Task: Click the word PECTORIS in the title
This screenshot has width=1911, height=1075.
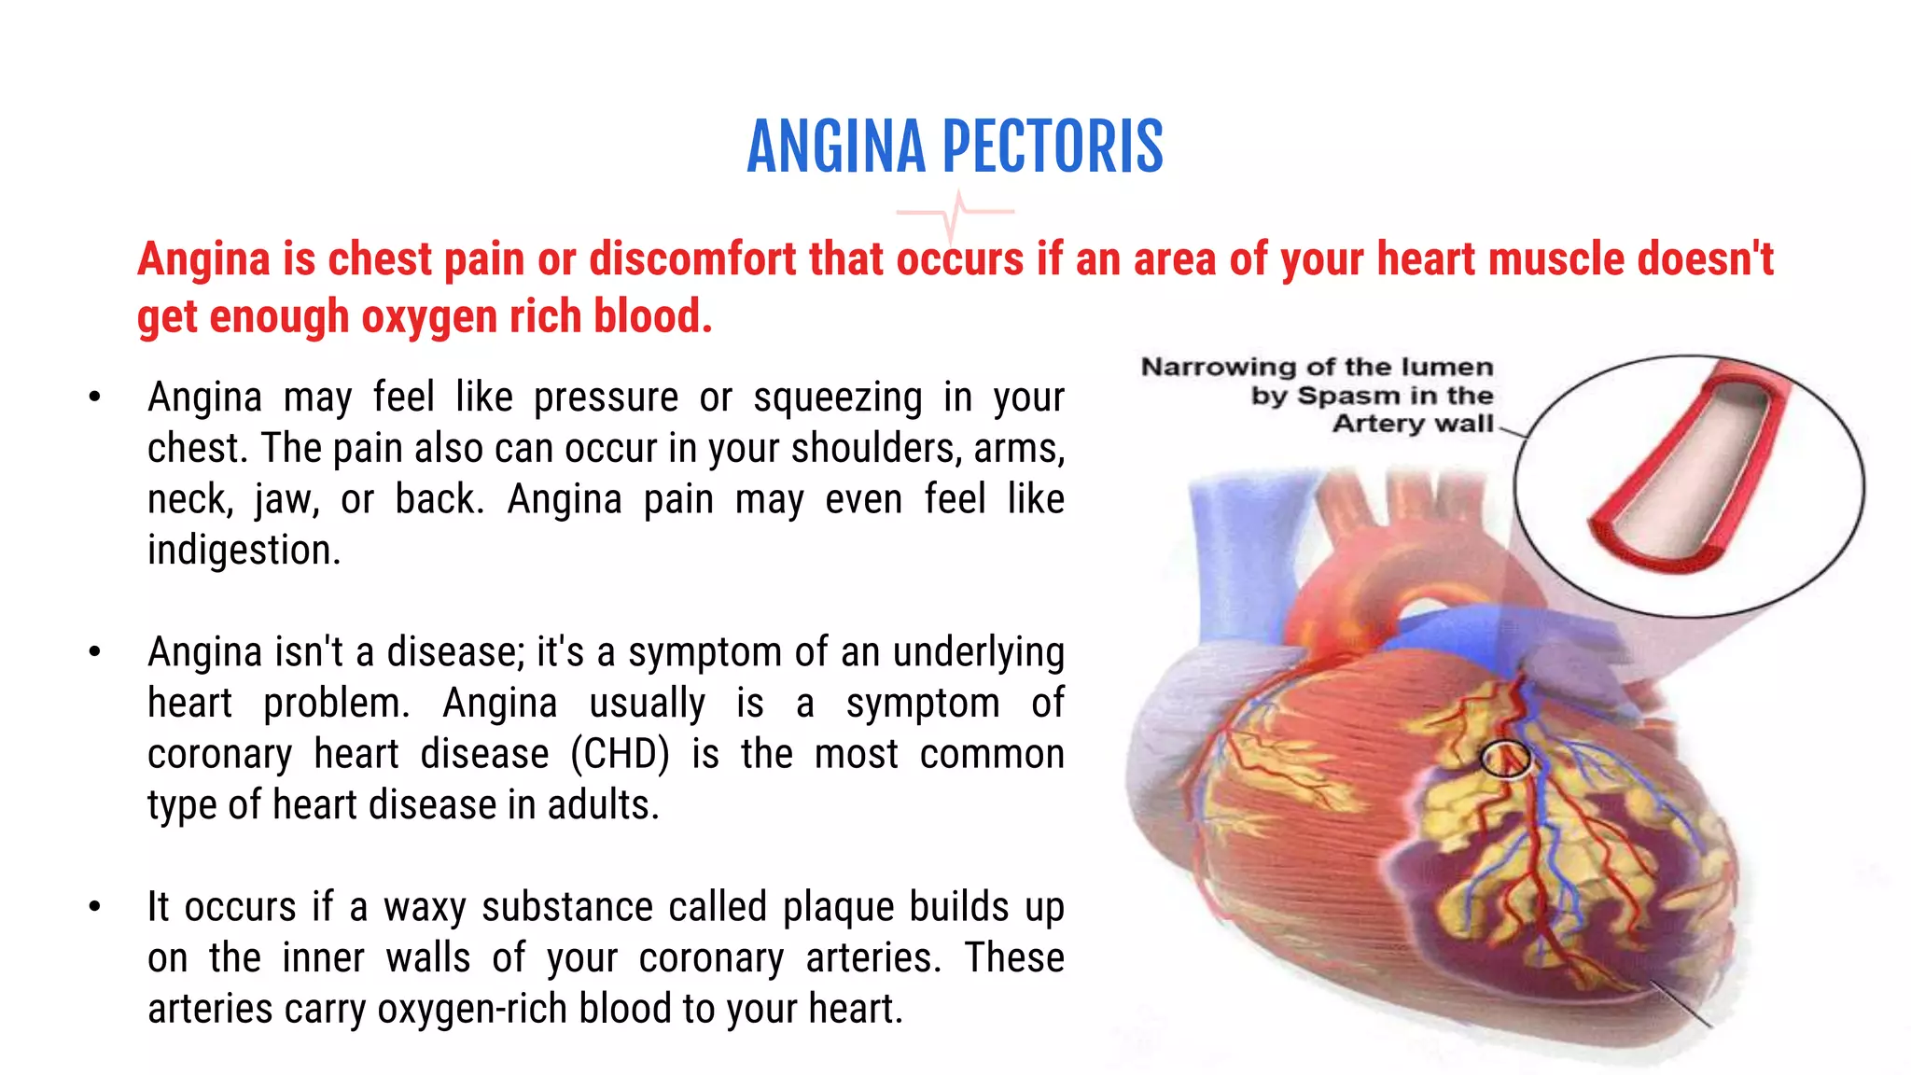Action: (1053, 147)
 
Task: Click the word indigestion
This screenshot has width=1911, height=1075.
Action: (244, 550)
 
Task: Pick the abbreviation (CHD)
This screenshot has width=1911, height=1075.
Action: (620, 754)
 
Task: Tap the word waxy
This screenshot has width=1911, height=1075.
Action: (425, 908)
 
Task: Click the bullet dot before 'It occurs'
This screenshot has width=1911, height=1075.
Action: (94, 906)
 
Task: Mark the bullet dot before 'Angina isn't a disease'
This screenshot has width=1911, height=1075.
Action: (94, 651)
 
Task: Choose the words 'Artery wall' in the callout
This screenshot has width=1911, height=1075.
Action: (1413, 424)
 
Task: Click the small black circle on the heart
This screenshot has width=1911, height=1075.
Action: (1505, 759)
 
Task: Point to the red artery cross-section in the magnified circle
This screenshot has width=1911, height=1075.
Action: (1689, 467)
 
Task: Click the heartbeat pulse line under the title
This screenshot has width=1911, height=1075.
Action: (955, 214)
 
